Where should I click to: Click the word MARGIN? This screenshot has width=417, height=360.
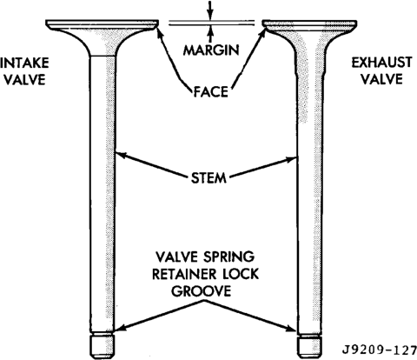211,50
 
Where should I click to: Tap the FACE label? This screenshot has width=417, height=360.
211,92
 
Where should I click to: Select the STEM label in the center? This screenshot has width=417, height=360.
208,177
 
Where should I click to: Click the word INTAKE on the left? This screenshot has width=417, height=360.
24,63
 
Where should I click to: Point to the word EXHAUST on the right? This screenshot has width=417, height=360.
381,63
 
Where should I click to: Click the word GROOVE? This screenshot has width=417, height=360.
202,290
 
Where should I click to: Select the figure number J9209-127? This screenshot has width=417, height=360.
380,350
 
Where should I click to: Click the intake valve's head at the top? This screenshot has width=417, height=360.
103,25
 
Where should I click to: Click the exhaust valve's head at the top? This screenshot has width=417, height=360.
309,25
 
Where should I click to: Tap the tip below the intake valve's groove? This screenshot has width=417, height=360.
103,346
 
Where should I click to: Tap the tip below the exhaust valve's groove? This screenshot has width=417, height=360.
309,346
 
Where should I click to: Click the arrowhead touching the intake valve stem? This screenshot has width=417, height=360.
121,155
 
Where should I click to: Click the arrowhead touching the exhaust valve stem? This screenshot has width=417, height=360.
292,159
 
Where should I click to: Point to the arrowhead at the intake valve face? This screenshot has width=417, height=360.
159,31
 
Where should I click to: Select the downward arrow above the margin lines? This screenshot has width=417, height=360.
210,10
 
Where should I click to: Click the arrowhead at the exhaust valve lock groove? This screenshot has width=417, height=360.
293,329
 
